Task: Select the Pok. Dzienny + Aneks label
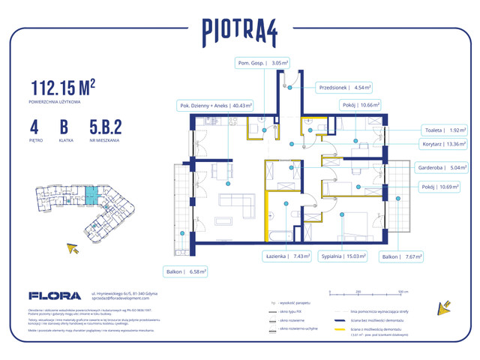point(215,106)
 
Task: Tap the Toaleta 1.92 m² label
point(443,128)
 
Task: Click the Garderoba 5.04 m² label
point(443,168)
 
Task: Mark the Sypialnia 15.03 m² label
point(343,256)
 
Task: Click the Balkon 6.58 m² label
point(186,271)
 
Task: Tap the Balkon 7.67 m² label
point(402,256)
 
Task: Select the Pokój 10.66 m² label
point(361,106)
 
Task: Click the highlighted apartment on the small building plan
point(90,196)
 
